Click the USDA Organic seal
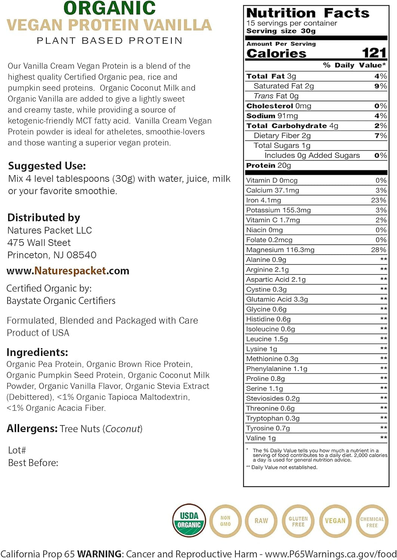(x=189, y=520)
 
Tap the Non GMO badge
(x=225, y=521)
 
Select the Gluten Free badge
(x=298, y=521)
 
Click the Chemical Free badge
(x=372, y=522)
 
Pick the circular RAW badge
(x=261, y=521)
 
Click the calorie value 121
(x=373, y=53)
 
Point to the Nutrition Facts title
(x=308, y=13)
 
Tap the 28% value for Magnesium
(x=378, y=250)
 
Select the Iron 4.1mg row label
(x=263, y=200)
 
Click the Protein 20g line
(x=268, y=165)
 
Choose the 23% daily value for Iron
(x=378, y=200)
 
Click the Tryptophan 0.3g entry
(x=273, y=418)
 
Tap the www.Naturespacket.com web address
(x=68, y=271)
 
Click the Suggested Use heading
(x=47, y=166)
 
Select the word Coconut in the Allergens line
(x=123, y=429)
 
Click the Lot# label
(x=17, y=450)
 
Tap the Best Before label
(x=33, y=463)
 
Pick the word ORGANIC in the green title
(x=110, y=8)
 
